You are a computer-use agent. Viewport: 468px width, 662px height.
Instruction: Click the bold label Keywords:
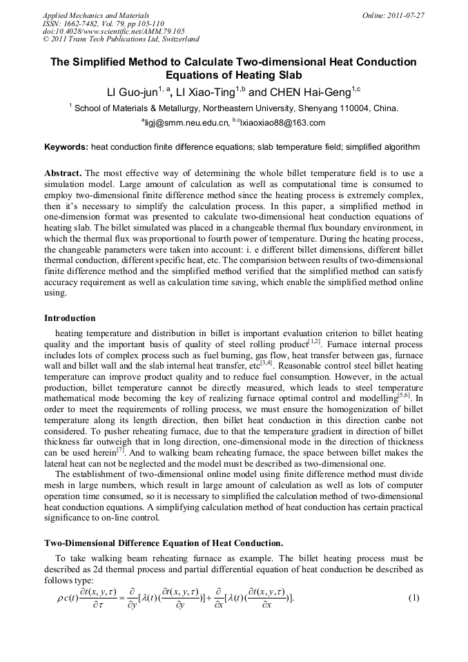(66, 147)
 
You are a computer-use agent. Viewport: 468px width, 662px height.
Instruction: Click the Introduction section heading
(70, 318)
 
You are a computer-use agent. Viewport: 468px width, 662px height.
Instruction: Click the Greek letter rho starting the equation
(61, 598)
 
